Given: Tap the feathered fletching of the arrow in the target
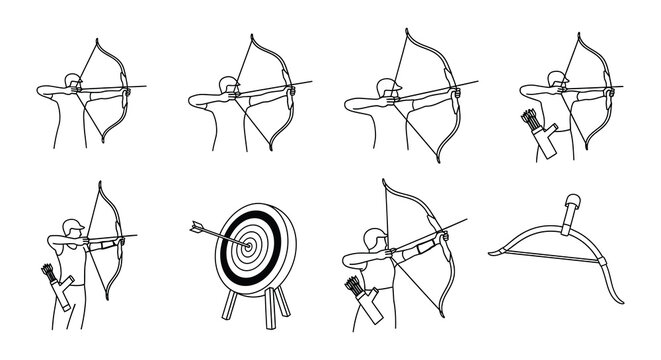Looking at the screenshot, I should click(191, 226).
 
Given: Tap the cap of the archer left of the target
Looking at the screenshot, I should click(70, 223).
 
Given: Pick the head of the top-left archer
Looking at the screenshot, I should click(68, 82).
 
